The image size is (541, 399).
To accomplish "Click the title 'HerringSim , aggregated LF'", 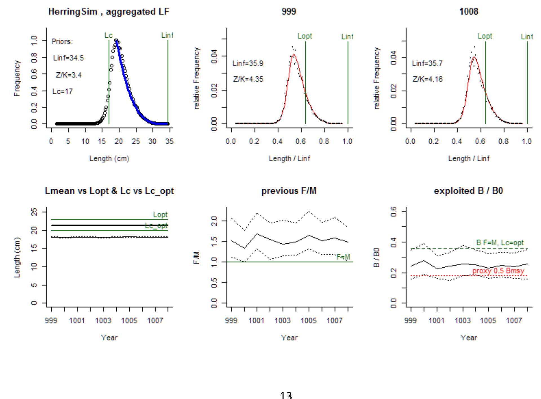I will point(109,12).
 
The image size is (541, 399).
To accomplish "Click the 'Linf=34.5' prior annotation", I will point(68,58).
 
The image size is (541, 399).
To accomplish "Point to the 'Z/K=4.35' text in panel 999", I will point(248,79).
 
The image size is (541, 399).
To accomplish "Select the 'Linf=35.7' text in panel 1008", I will point(427,64).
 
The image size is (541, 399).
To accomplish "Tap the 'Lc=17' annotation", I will point(63,92).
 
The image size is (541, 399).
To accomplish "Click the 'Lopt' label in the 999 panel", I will point(305,36).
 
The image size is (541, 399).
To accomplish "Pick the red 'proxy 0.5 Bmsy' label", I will point(498,271).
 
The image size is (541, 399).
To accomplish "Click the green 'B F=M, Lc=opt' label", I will point(500,243).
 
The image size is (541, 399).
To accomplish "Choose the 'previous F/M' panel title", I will point(289,191).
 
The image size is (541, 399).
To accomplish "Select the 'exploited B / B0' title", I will point(468,191).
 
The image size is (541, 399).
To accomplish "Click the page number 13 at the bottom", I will point(286,395).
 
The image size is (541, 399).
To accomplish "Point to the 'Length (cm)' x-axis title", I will point(109,159).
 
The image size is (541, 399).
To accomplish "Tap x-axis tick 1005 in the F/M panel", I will point(309,321).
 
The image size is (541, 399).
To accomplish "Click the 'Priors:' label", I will point(62,42).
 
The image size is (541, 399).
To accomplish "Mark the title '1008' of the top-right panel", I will point(469,12).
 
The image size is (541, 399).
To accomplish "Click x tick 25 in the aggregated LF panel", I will point(136,141).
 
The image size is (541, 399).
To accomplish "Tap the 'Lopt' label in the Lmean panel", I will point(160,215).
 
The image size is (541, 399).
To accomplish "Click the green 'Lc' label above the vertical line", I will point(108,35).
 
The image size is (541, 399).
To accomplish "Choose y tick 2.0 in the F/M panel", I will point(214,221).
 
